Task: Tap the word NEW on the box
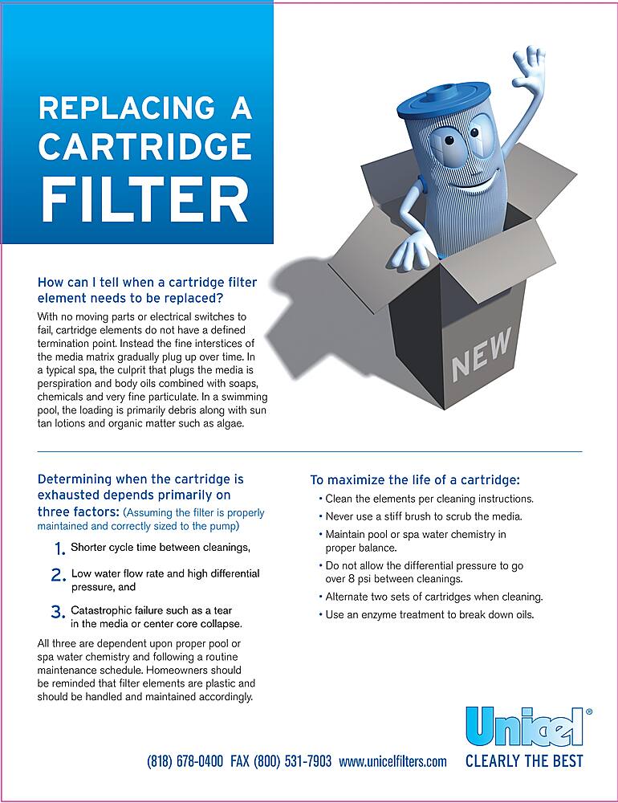(x=481, y=354)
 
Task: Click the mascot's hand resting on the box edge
(x=410, y=250)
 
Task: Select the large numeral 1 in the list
(x=59, y=549)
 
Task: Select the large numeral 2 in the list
(x=59, y=576)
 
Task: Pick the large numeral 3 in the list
(x=59, y=612)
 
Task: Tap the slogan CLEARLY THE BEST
(x=524, y=760)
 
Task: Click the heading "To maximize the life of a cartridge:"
(x=415, y=480)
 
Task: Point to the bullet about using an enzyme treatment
(x=429, y=615)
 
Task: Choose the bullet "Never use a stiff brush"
(x=424, y=516)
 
